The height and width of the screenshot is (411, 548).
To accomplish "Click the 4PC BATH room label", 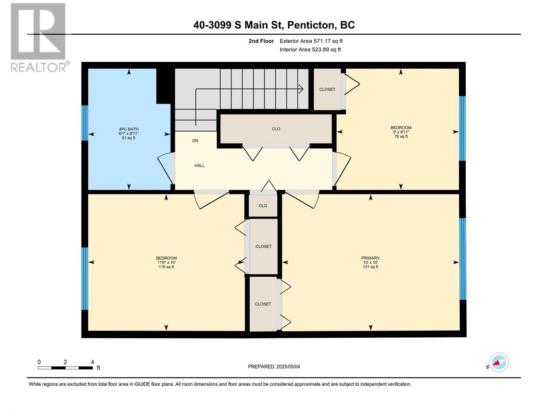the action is point(128,129).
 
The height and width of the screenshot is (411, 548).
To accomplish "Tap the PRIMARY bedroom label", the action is point(370,258).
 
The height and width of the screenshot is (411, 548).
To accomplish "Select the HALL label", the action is point(199,165).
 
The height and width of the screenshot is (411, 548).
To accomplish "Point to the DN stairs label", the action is point(195,141).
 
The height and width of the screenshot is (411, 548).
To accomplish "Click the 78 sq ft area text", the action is point(401,137).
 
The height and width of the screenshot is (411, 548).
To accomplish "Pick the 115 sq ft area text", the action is point(166,267).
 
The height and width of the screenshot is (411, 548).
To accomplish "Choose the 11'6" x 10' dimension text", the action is point(166,262).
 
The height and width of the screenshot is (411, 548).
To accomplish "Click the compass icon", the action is point(499,362).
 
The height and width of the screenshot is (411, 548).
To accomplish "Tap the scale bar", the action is point(65,368).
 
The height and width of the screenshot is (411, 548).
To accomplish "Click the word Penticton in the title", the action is point(310,25).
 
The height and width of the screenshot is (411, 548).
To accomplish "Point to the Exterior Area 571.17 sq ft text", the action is point(311,41).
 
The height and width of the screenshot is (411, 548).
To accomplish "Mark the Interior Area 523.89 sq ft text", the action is point(310,49).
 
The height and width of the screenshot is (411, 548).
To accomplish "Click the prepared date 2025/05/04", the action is point(288,366).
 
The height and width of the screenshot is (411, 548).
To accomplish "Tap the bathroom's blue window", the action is point(85,123).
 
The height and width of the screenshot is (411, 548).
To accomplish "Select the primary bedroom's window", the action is point(463,259).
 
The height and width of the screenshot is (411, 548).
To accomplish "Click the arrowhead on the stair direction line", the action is point(301,89).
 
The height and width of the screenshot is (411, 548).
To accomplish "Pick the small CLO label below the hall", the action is point(263,206).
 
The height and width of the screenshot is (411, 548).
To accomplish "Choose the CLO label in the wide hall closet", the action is point(276,129).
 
